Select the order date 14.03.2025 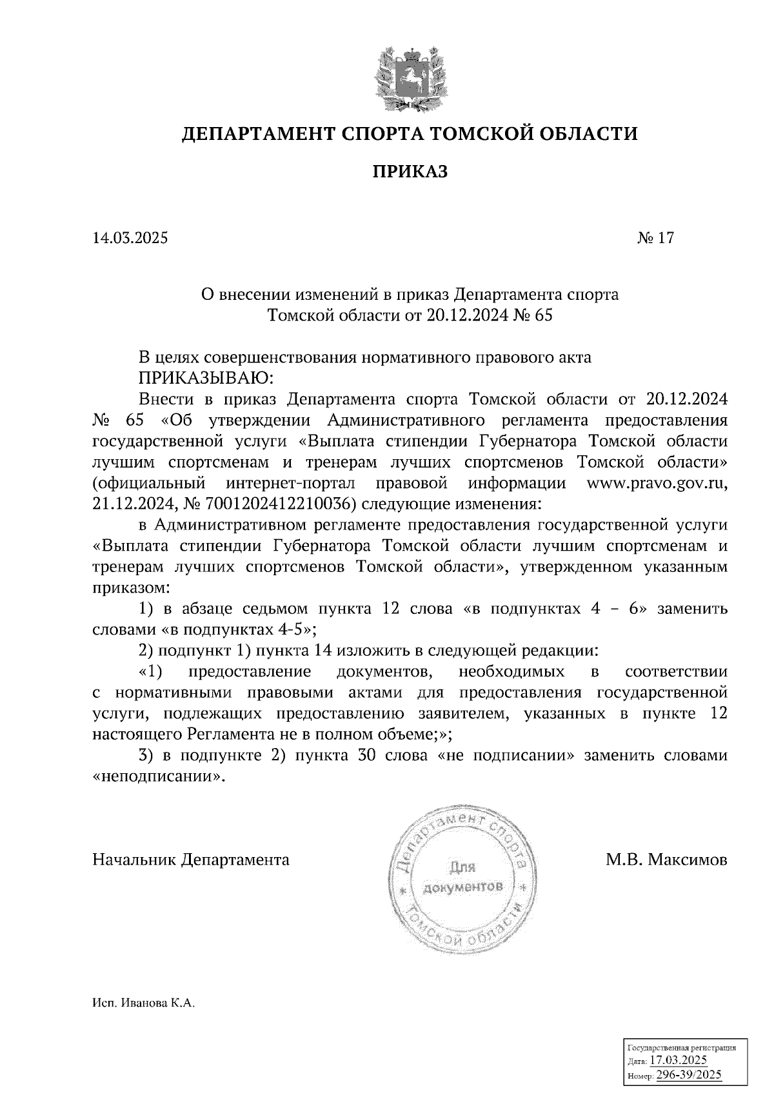tap(130, 238)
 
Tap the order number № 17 tap(655, 238)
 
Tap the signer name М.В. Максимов tap(666, 860)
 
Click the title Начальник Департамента tap(191, 860)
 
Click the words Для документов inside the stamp tap(462, 877)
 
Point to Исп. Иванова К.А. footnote tap(143, 1022)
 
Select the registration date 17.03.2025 tap(678, 1061)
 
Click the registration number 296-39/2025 tap(689, 1074)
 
